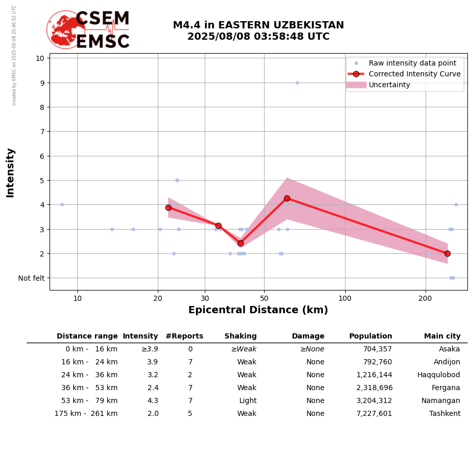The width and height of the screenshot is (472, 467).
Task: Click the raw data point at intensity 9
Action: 297,83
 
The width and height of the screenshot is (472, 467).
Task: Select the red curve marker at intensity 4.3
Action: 287,198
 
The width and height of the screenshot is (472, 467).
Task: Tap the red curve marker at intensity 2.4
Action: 240,243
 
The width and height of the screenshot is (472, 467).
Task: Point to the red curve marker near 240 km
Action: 447,253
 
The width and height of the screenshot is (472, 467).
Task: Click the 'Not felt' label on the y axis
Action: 31,278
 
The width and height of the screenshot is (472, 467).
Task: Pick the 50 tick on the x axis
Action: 264,298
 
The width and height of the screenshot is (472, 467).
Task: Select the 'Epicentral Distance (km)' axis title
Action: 258,310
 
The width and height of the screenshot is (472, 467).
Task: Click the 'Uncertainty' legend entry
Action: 389,85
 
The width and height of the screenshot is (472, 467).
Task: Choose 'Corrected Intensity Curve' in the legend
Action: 414,74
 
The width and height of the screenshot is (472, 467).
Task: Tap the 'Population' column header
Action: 370,336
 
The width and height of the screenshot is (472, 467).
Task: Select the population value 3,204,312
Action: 370,401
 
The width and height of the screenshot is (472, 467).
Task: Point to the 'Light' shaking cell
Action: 248,401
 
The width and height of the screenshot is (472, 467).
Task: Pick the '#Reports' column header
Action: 184,336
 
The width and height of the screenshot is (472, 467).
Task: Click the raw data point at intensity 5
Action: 177,180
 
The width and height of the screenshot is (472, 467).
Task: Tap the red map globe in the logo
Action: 66,29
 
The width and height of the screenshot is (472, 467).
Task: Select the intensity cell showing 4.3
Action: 153,401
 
